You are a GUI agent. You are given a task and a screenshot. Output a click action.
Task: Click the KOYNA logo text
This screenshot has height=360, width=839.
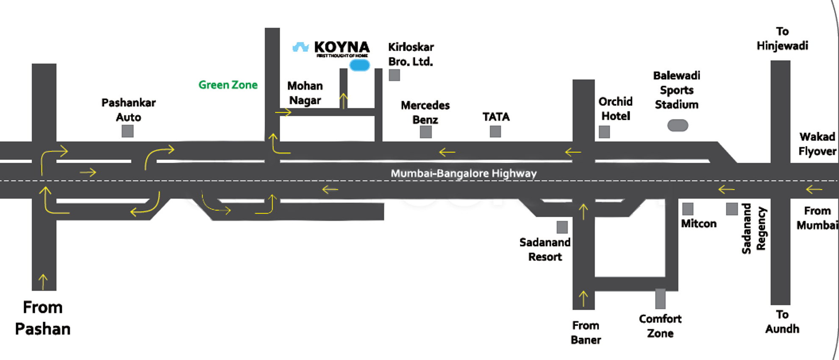[x=342, y=47]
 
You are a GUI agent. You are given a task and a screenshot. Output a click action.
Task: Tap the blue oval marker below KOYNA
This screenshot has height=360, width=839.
[x=360, y=65]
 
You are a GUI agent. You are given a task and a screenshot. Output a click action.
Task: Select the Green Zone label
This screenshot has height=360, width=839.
[x=228, y=85]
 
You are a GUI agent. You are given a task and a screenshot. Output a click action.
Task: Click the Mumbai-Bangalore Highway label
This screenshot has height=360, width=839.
[x=464, y=173]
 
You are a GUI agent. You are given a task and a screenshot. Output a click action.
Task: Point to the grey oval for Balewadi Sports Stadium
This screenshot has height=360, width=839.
[x=678, y=125]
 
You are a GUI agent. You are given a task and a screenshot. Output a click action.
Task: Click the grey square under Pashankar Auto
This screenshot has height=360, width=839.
[x=128, y=131]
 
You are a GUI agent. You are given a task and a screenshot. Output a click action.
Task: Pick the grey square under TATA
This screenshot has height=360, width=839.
[x=495, y=132]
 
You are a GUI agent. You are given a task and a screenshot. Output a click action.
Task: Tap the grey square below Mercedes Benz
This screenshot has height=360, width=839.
[x=426, y=132]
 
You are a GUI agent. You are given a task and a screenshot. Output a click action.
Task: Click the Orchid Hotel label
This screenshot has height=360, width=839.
[x=615, y=109]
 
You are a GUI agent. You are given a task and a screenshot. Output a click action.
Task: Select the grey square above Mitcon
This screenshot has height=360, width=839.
[x=688, y=209]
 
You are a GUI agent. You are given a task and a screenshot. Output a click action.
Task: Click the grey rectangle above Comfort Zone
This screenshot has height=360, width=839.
[x=660, y=299]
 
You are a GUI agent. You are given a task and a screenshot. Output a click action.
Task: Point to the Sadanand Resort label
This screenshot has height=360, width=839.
[x=545, y=249]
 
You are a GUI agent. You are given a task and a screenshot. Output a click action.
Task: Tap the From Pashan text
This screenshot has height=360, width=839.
[x=43, y=318]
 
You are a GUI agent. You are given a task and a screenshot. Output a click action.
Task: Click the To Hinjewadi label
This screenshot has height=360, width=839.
[x=782, y=39]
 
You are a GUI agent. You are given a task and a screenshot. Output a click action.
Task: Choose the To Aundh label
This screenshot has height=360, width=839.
[x=782, y=322]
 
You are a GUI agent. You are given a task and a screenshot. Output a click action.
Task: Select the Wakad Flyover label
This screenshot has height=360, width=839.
[x=817, y=144]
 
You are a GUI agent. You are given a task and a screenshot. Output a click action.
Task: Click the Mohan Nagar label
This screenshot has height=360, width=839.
[x=305, y=93]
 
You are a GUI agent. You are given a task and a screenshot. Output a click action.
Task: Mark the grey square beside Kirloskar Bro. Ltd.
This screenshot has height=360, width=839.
[x=394, y=75]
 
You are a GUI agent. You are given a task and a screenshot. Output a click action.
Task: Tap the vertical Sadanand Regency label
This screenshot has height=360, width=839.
[x=754, y=229]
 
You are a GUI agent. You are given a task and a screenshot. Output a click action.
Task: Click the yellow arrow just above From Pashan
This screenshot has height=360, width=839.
[x=43, y=281]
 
